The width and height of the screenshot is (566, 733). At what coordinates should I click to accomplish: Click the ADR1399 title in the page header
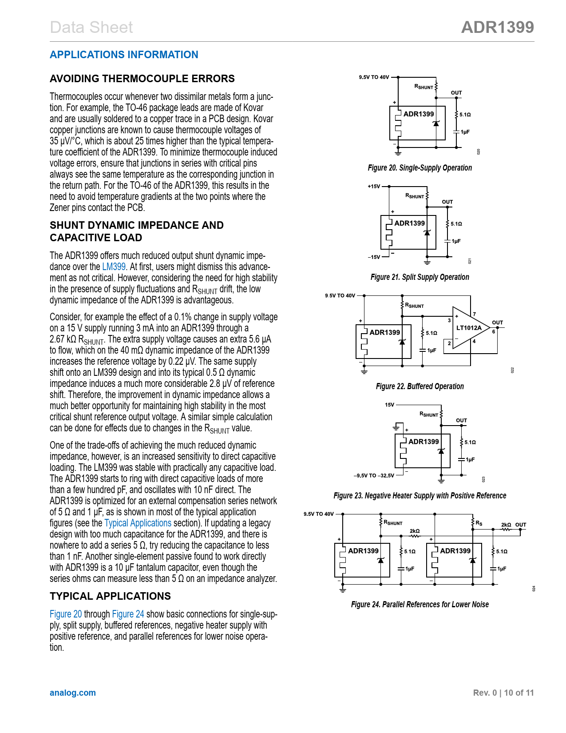click(497, 28)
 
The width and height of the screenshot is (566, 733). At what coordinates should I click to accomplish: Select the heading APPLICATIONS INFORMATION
click(124, 55)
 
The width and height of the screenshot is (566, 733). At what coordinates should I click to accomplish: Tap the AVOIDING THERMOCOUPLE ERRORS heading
click(142, 79)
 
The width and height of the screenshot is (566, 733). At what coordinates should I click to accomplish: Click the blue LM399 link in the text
click(114, 267)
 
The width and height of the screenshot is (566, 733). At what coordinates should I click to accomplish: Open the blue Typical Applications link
click(138, 523)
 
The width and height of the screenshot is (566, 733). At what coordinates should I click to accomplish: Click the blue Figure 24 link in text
click(128, 614)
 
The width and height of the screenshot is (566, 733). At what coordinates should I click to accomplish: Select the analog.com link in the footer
click(73, 693)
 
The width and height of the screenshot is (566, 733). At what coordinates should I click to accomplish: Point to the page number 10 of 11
click(519, 693)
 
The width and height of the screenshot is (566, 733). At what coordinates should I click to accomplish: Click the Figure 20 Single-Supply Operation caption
click(420, 168)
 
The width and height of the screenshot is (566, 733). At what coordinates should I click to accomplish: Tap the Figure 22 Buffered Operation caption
click(420, 386)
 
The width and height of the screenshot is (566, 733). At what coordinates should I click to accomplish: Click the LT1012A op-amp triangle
click(468, 328)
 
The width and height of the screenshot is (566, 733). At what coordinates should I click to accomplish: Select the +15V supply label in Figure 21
click(374, 187)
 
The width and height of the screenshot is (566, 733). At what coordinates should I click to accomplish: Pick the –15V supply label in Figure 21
click(374, 257)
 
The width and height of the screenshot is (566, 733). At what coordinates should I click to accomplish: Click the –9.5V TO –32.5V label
click(374, 476)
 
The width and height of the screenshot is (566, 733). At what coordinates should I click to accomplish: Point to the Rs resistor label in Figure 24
click(479, 523)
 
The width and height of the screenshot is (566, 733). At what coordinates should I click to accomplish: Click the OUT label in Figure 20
click(456, 93)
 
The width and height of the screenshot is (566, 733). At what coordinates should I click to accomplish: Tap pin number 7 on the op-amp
click(474, 315)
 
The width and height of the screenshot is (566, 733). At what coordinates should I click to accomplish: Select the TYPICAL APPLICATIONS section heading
click(110, 596)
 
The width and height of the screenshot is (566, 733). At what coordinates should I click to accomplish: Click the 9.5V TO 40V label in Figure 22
click(340, 296)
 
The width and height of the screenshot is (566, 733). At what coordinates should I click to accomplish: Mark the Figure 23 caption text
click(420, 496)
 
